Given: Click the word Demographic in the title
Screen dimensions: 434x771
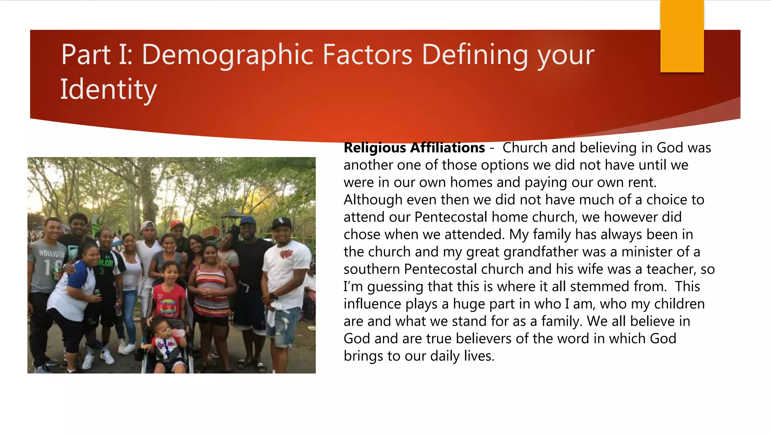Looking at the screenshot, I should coord(228,55).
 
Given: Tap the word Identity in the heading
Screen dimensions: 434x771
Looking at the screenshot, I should coord(108,90).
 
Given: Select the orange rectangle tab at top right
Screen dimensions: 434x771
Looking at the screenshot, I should coord(682,36).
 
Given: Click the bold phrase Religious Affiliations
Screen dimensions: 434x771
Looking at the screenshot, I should coord(414,148).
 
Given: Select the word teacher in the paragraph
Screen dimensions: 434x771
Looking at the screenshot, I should coord(670,269).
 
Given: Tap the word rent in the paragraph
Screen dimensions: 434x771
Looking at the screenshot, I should coord(641,182).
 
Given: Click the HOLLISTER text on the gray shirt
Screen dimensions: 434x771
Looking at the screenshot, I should coord(52,253).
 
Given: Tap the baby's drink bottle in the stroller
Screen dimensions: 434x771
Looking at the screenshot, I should coord(178,333).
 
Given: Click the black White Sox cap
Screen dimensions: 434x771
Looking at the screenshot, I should coord(281,222).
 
